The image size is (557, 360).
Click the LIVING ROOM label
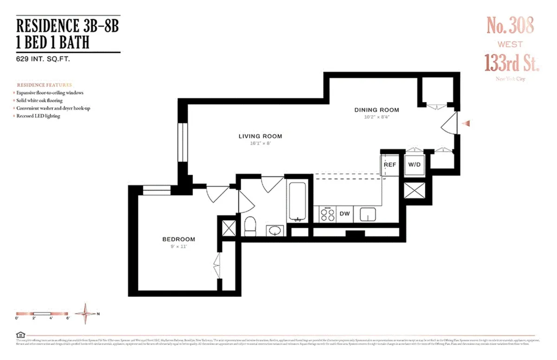260,136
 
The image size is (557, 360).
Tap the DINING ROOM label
376,110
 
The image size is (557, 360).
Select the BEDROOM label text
178,239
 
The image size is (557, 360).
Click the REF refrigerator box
389,165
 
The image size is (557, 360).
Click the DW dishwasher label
344,214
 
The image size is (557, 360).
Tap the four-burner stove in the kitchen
327,214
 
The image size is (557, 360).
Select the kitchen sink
368,214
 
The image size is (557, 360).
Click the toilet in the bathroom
250,225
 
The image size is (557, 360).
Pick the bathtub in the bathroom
297,202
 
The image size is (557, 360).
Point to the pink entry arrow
468,123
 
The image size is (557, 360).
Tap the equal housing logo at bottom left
19,334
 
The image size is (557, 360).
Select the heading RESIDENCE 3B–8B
68,26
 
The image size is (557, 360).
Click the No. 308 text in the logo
510,25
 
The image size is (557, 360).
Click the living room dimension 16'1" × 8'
260,143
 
